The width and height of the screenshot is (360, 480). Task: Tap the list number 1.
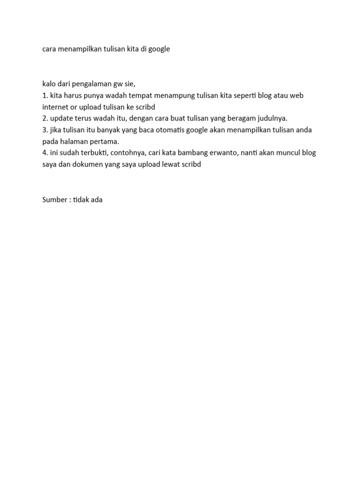click(45, 96)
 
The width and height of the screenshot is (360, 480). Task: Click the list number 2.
click(45, 119)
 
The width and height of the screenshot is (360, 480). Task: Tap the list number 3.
click(45, 130)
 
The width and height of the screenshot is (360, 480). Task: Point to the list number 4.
click(45, 153)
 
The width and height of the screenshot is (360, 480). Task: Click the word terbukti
click(96, 153)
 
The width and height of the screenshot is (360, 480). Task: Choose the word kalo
click(49, 84)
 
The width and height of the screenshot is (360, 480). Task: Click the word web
click(296, 96)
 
